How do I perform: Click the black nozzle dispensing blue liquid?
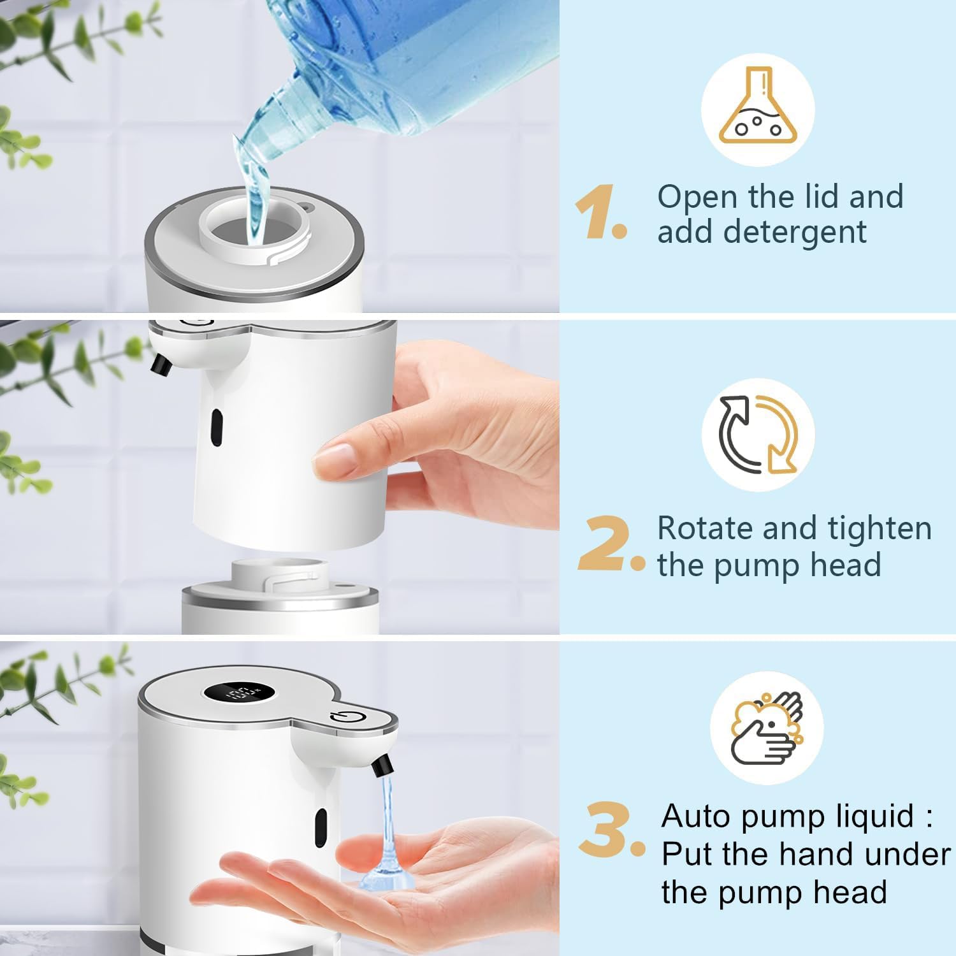[380, 764]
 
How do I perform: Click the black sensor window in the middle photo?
[217, 428]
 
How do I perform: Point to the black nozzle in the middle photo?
[160, 363]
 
